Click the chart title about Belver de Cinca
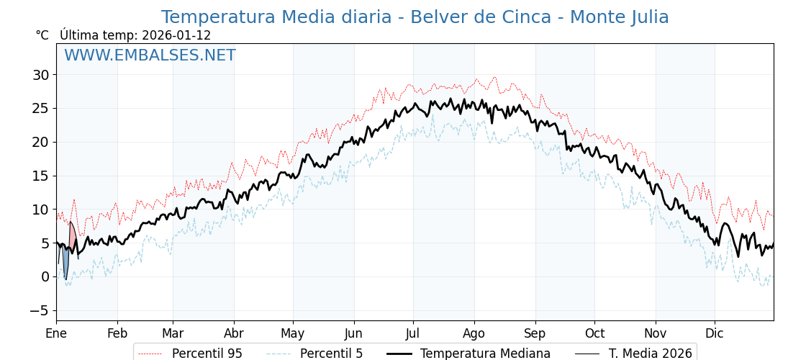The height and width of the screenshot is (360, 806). [415, 17]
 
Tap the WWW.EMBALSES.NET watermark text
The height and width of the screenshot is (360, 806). [150, 55]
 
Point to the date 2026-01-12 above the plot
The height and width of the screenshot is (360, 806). [176, 35]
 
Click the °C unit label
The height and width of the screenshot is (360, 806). [42, 35]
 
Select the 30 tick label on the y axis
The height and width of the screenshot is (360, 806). [40, 75]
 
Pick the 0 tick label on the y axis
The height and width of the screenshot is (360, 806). [45, 276]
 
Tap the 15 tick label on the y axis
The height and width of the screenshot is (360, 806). [40, 176]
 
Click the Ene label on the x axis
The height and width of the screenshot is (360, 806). [56, 333]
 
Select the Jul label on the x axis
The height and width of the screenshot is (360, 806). [413, 333]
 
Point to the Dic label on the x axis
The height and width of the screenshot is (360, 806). [715, 333]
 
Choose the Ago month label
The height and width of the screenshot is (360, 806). [474, 333]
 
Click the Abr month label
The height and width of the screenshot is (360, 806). [234, 333]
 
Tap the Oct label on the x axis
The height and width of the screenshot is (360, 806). [594, 333]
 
